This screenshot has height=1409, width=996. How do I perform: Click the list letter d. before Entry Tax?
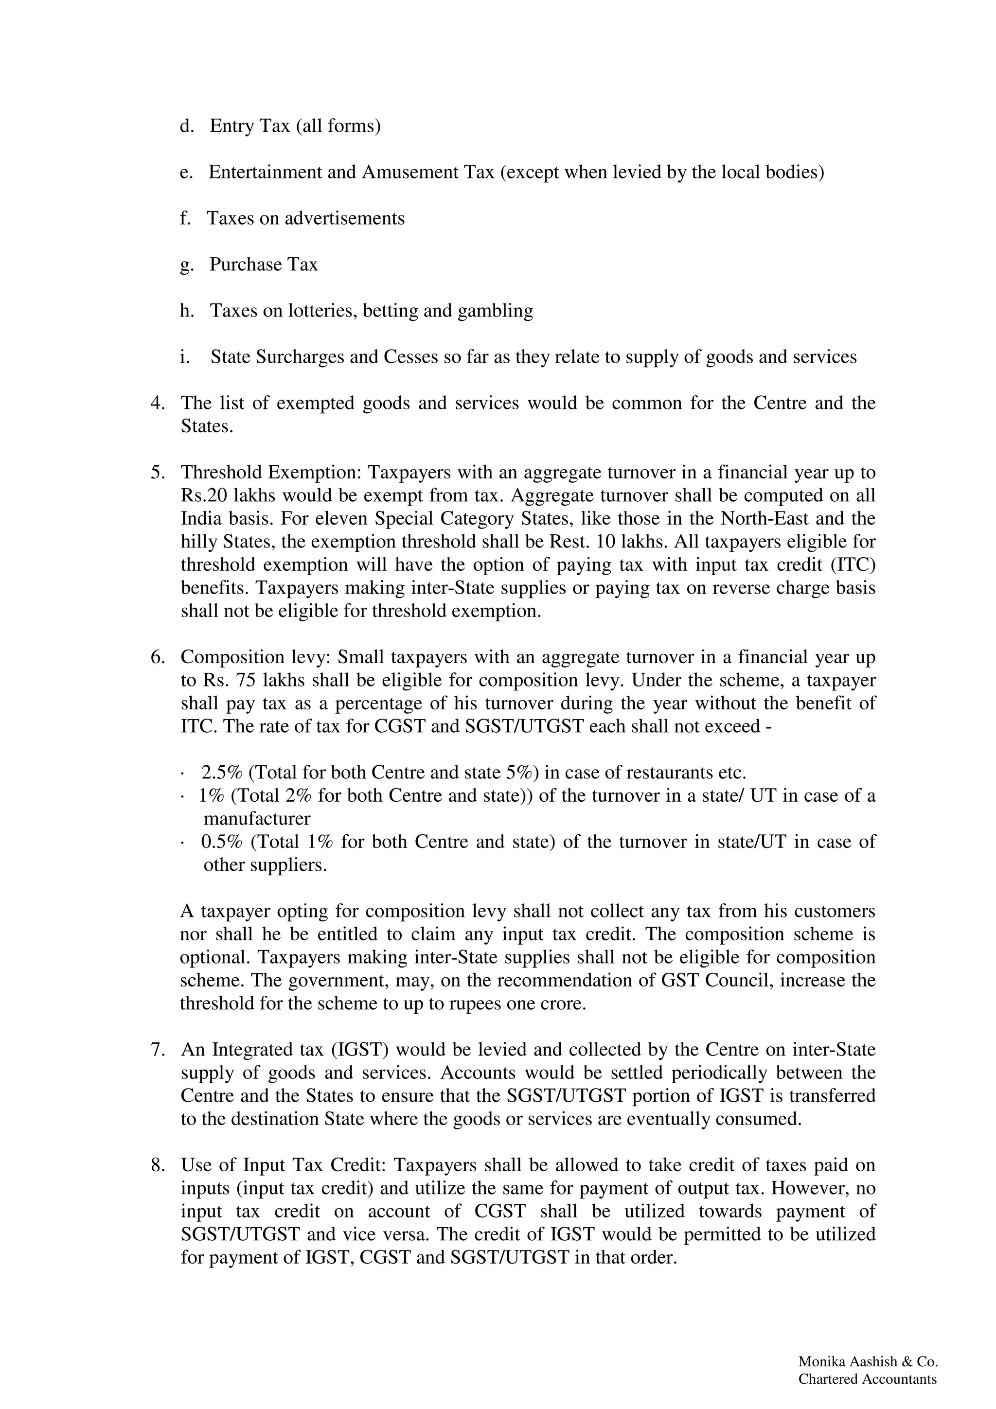[186, 126]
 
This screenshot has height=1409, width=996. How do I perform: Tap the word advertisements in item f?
[344, 218]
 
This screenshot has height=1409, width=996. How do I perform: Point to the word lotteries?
[319, 311]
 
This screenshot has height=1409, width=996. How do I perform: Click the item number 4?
[157, 403]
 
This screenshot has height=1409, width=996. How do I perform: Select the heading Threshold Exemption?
[272, 473]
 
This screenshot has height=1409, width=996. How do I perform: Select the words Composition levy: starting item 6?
[256, 657]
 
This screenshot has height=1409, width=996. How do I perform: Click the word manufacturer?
[256, 819]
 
